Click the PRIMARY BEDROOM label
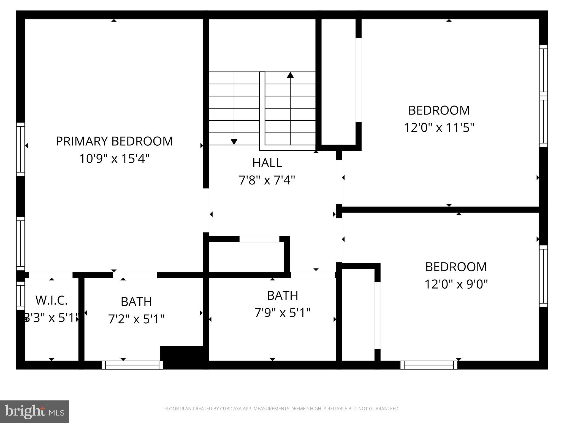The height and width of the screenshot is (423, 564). pyautogui.click(x=114, y=141)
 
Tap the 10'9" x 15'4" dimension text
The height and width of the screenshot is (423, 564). pyautogui.click(x=114, y=159)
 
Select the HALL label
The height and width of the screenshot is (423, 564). pyautogui.click(x=267, y=163)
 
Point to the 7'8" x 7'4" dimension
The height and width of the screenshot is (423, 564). pyautogui.click(x=267, y=180)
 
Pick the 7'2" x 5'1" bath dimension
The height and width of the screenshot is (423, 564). pyautogui.click(x=136, y=319)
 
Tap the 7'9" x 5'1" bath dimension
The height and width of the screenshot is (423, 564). pyautogui.click(x=283, y=313)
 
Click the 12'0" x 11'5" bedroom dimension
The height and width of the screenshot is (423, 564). pyautogui.click(x=439, y=128)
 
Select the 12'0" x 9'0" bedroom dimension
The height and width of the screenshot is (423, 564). pyautogui.click(x=456, y=284)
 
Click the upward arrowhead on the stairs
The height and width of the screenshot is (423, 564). pyautogui.click(x=290, y=75)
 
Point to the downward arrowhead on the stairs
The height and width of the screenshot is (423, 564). pyautogui.click(x=234, y=142)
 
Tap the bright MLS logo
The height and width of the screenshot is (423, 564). pyautogui.click(x=34, y=411)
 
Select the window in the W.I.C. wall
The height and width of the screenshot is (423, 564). pyautogui.click(x=20, y=295)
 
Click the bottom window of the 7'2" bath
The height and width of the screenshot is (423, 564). pyautogui.click(x=132, y=365)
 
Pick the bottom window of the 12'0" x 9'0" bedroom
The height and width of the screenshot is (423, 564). pyautogui.click(x=429, y=365)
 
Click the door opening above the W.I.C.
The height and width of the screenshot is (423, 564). pyautogui.click(x=51, y=275)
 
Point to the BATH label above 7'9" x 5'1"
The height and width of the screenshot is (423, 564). pyautogui.click(x=283, y=295)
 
